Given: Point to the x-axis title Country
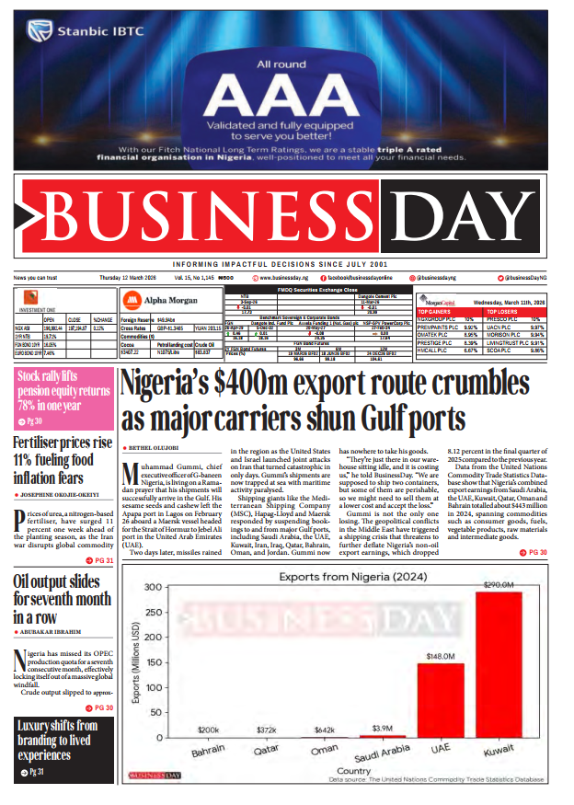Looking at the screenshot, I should click(x=354, y=770).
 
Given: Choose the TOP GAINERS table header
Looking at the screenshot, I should click(x=437, y=312).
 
